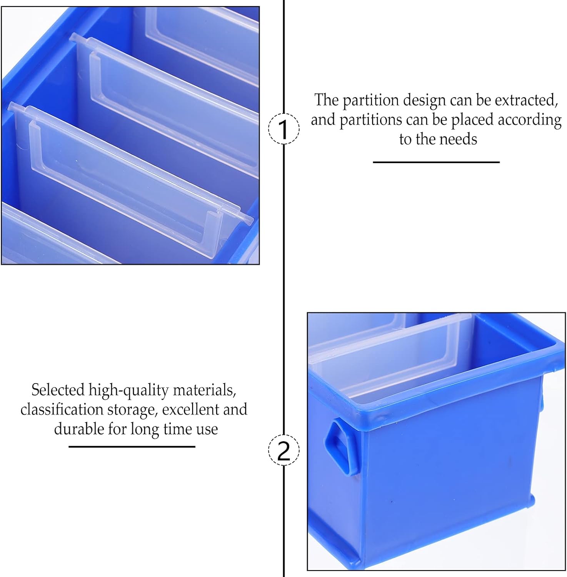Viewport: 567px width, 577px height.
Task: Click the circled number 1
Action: pyautogui.click(x=284, y=129)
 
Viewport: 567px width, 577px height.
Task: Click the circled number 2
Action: pyautogui.click(x=284, y=450)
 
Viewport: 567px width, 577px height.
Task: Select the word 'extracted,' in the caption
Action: pyautogui.click(x=526, y=100)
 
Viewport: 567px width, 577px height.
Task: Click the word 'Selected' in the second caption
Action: pyautogui.click(x=58, y=390)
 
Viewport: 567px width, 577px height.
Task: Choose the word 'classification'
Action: pyautogui.click(x=62, y=410)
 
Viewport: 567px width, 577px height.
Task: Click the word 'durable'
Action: pyautogui.click(x=79, y=429)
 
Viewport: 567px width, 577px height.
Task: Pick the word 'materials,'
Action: pyautogui.click(x=204, y=390)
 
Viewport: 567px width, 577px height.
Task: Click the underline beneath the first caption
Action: pyautogui.click(x=436, y=162)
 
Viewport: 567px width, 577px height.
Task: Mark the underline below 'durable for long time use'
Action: pyautogui.click(x=132, y=447)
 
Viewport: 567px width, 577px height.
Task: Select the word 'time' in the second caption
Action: pyautogui.click(x=178, y=429)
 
